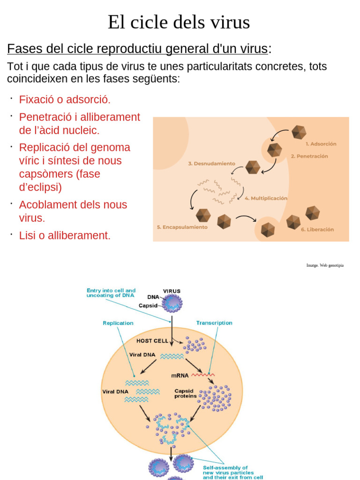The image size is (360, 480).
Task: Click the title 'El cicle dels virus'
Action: tap(179, 22)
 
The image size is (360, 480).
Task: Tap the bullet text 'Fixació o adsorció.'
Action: tap(65, 99)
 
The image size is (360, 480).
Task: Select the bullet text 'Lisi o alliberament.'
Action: tap(65, 235)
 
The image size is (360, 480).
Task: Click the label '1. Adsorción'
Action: tap(321, 144)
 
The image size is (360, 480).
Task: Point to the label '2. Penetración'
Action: tap(309, 156)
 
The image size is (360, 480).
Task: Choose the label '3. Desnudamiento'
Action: tap(211, 164)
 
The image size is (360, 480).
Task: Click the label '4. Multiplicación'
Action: tap(266, 198)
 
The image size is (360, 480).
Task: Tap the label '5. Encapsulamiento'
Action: tap(182, 227)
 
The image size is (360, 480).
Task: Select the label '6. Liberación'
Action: tap(317, 230)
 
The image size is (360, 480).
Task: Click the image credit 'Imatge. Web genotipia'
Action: tap(325, 265)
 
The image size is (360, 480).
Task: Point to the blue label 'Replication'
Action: tap(118, 323)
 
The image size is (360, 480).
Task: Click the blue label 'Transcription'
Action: tap(214, 323)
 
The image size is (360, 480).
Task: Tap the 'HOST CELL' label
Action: tap(152, 341)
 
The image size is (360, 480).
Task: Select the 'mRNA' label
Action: tap(180, 375)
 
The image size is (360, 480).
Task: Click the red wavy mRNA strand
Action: tap(202, 375)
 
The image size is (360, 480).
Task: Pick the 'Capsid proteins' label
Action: tap(186, 393)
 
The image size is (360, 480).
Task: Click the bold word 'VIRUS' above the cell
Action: tap(172, 291)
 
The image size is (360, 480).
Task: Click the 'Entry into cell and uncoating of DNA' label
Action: tap(111, 293)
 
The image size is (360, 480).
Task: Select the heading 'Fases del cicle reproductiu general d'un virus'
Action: tap(137, 48)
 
